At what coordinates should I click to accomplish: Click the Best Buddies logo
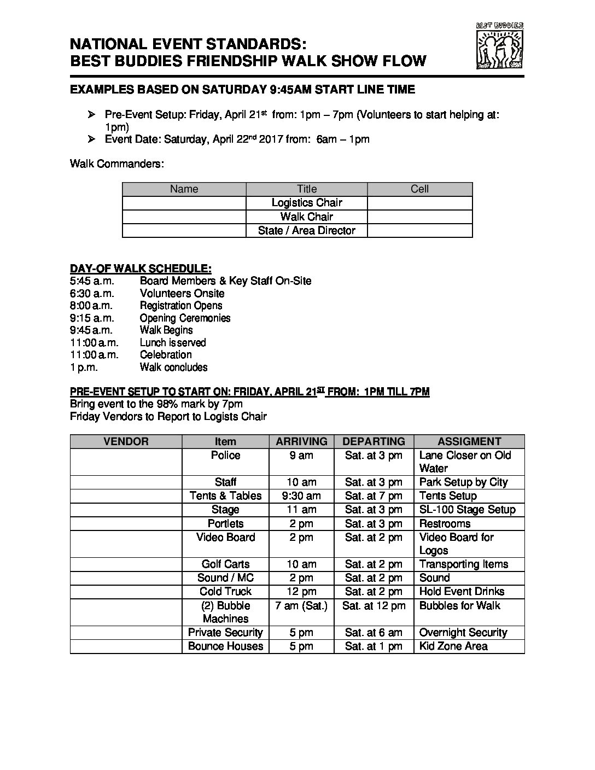500,46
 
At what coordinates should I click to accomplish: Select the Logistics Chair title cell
307,203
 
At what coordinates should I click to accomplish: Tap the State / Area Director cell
307,230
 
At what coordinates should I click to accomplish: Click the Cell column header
419,189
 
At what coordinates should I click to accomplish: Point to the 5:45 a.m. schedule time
92,281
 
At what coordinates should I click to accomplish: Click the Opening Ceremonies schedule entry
185,318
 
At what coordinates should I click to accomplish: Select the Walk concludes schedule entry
173,367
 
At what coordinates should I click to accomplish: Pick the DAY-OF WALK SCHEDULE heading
141,269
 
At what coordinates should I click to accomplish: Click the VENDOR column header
126,441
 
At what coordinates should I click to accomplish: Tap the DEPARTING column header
374,441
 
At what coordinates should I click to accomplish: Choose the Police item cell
225,456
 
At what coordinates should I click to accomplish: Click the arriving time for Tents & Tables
301,496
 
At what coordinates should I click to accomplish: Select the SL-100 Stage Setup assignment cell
467,510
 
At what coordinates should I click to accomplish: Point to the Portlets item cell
225,523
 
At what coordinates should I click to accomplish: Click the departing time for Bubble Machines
374,606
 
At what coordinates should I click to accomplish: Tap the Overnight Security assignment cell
463,633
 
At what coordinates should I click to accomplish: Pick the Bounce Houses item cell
225,646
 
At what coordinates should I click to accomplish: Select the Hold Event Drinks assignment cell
462,592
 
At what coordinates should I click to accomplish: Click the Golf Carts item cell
225,564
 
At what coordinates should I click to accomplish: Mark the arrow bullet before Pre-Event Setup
91,114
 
